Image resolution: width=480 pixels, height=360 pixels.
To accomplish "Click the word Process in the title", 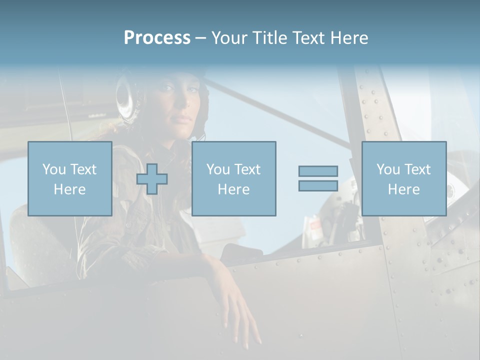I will tap(157, 38).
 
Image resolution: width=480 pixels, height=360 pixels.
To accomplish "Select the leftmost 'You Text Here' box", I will tap(70, 178).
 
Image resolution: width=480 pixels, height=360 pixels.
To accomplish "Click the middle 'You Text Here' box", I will tap(233, 178).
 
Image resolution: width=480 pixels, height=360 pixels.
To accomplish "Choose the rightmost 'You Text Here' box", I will tap(403, 178).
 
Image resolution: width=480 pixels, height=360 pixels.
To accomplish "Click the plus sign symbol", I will tap(152, 179).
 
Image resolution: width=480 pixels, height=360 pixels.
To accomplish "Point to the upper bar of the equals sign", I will tap(318, 171).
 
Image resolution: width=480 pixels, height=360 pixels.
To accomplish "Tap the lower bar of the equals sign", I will tap(318, 185).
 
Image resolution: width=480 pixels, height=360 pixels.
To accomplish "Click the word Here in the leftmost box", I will tap(69, 189).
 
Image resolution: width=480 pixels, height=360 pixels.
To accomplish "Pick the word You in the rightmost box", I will tap(388, 169).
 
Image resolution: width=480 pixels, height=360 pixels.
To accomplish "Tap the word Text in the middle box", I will tap(247, 169).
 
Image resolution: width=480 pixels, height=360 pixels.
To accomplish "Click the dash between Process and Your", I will tap(201, 38).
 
